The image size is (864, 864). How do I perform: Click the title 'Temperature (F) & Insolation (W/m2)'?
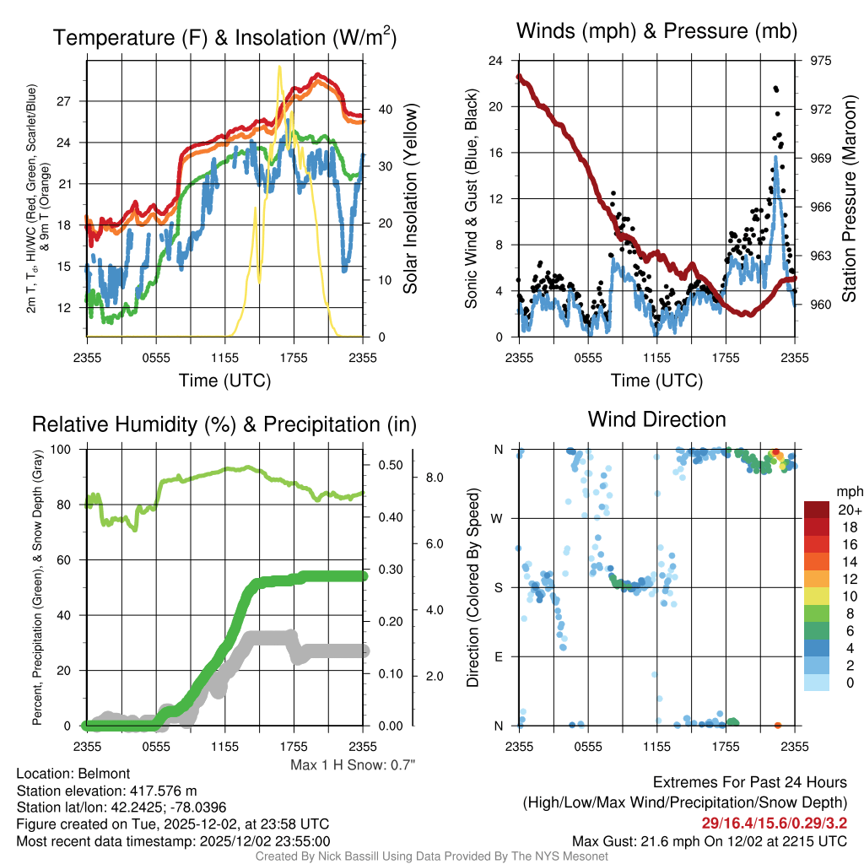tap(224, 38)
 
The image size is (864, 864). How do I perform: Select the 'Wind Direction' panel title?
tap(656, 419)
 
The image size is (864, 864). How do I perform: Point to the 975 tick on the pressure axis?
tap(820, 61)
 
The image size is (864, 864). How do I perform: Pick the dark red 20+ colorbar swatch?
tap(818, 509)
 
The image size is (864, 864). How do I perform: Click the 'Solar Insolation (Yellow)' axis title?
tap(412, 199)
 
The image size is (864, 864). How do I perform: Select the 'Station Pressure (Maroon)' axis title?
tap(850, 199)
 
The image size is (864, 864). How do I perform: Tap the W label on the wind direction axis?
tap(498, 518)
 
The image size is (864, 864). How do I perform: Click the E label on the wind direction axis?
tap(499, 656)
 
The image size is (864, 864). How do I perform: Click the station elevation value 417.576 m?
tap(161, 791)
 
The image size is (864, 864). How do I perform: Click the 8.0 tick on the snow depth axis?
tap(433, 478)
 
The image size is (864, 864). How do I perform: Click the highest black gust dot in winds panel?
tap(775, 88)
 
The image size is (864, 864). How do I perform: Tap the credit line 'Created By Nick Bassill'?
tap(431, 856)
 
